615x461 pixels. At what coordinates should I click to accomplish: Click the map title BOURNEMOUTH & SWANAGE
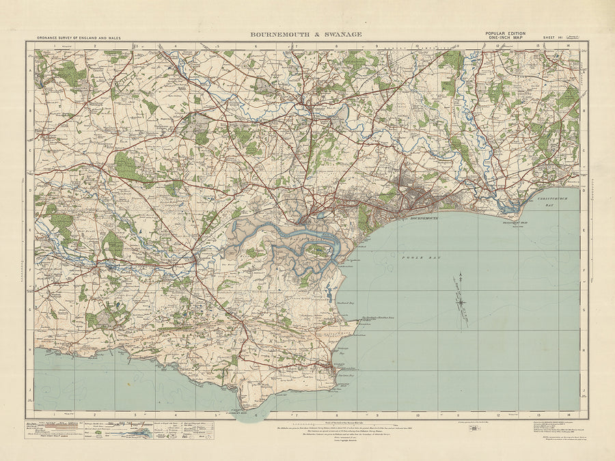pos(306,33)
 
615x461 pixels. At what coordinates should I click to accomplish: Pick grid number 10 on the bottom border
pos(417,414)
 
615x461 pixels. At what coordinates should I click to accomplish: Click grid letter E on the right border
pos(584,231)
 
